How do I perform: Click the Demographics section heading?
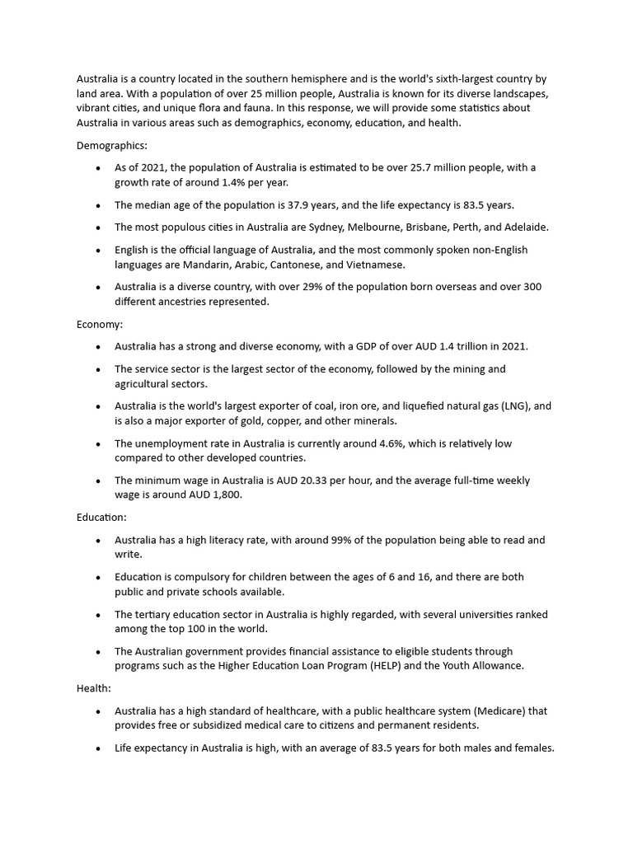112,145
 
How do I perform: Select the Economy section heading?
100,324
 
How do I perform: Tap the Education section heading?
102,517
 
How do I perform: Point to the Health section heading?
94,687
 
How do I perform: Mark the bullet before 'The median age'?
98,205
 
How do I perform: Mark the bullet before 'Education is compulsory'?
98,578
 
